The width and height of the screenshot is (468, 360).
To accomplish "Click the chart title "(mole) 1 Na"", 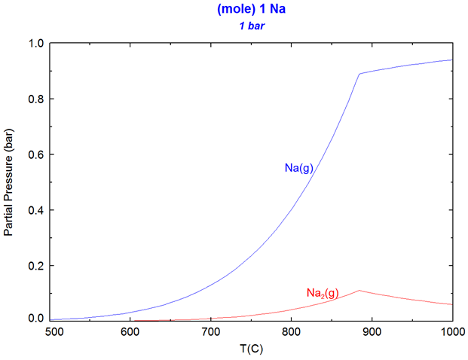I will point(252,10).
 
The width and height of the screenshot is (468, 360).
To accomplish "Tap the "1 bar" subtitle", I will point(252,25).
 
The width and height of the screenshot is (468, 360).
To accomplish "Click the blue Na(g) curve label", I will point(298,168).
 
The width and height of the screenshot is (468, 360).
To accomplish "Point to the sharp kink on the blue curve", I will point(359,74).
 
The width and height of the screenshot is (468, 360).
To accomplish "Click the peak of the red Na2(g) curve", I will point(359,290).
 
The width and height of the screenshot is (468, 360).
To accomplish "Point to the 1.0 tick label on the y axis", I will point(35,44).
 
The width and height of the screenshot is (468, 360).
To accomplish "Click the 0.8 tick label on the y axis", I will point(35,99).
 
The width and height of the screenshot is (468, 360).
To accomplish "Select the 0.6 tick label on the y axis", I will point(35,155).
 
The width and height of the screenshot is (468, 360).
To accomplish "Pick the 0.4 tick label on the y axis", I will point(35,210).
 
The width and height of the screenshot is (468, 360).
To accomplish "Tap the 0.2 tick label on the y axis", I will point(35,266).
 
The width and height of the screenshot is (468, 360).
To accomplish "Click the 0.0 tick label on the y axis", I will point(35,319).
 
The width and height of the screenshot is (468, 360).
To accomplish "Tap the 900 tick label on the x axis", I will point(372,331).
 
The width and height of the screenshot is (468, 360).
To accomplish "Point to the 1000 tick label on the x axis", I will point(450,331).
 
